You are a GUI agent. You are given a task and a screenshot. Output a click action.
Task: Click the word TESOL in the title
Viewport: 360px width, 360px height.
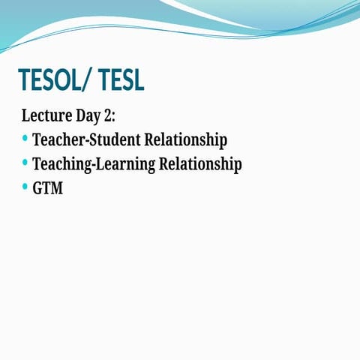tap(55, 80)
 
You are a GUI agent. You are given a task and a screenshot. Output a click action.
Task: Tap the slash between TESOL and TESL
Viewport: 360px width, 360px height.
tap(92, 80)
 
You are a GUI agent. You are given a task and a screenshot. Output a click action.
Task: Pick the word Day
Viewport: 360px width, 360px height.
tap(93, 116)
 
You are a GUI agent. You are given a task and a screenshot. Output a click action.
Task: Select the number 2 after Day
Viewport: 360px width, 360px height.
tap(113, 116)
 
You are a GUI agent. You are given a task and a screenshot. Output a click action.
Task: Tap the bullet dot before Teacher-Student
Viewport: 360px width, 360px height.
tap(25, 139)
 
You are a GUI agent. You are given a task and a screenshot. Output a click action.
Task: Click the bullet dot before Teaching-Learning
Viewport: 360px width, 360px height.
tap(25, 163)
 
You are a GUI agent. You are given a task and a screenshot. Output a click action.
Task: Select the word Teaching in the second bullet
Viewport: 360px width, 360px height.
tap(60, 164)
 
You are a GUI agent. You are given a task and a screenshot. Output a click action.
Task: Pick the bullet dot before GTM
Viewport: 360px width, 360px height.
tap(25, 187)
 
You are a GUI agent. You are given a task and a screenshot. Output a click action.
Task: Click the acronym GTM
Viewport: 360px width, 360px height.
tap(48, 188)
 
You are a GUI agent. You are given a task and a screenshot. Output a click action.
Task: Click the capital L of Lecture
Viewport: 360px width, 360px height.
tap(26, 116)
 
